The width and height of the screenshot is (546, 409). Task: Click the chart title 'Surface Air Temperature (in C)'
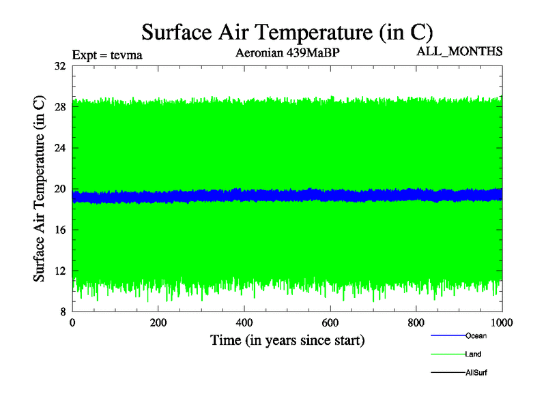click(287, 31)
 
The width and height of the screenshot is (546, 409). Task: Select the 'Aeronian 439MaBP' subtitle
click(287, 52)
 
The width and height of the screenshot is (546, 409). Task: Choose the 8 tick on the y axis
click(61, 312)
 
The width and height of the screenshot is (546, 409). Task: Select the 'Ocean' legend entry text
click(476, 335)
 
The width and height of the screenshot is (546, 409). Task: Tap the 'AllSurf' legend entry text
click(476, 373)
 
